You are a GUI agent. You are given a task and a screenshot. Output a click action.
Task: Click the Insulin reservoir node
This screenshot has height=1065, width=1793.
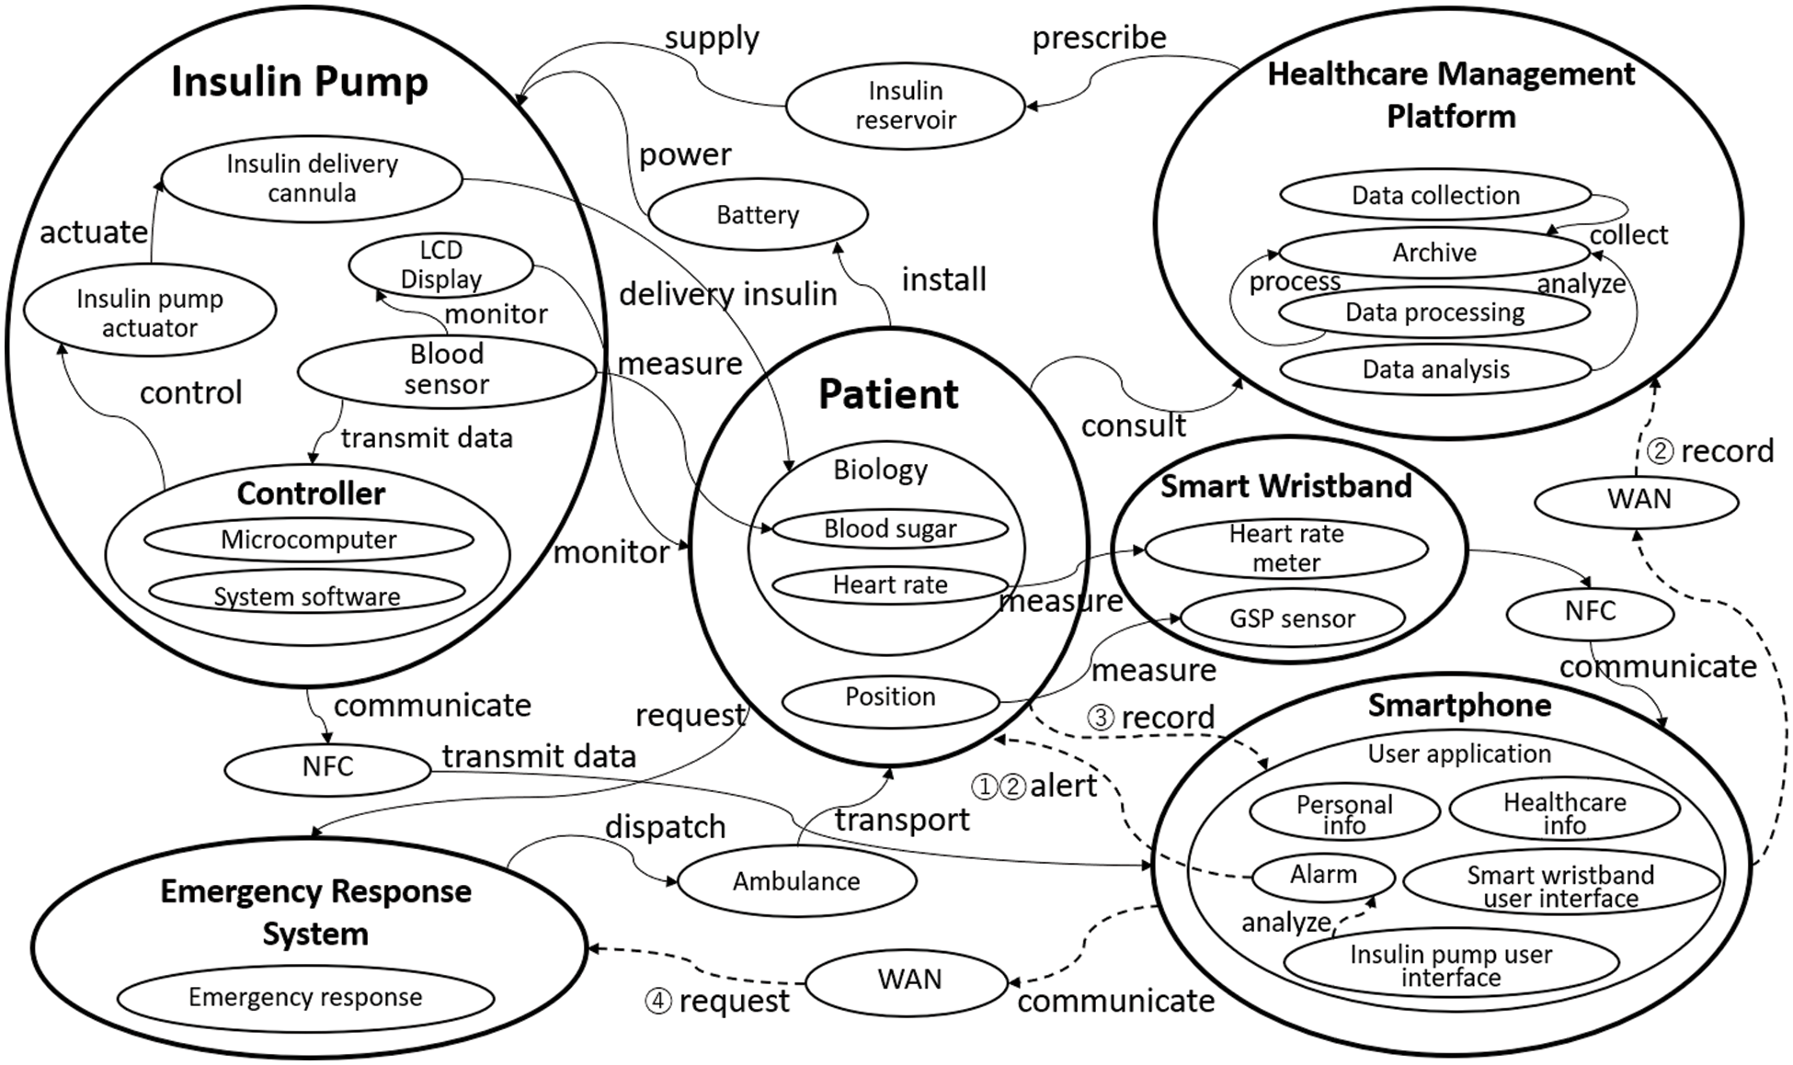tap(905, 106)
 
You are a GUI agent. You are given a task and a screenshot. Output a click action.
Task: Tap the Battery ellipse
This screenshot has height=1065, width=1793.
tap(758, 215)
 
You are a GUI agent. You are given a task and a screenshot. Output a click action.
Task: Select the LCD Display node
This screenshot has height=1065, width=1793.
tap(440, 266)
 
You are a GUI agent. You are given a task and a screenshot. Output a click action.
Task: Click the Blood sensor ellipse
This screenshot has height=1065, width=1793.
tap(447, 369)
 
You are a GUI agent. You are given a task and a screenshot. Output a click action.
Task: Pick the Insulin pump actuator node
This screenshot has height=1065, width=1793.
tap(150, 313)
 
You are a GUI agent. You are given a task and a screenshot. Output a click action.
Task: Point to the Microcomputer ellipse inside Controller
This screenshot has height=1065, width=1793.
tap(309, 539)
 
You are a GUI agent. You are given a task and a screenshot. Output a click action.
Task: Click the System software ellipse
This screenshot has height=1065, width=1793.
tap(307, 595)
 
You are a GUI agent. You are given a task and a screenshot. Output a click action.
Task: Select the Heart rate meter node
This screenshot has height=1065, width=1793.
tap(1286, 549)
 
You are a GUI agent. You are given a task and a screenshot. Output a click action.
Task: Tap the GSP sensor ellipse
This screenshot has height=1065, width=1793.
tap(1292, 618)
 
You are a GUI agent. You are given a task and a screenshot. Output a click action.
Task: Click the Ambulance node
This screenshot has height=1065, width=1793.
tap(796, 881)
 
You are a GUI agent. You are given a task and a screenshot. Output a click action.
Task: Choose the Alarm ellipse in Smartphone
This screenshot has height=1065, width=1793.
tap(1323, 874)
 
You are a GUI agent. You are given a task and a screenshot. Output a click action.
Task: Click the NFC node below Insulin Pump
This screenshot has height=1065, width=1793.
tap(327, 766)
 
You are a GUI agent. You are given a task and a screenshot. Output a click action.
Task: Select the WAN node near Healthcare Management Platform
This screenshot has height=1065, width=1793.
tap(1639, 500)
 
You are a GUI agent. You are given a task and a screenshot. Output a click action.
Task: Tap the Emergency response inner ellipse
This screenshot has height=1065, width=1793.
tap(305, 997)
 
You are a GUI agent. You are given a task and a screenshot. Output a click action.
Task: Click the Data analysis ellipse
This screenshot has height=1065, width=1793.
tap(1435, 369)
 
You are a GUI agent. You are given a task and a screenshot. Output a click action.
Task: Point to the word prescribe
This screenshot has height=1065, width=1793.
tap(1099, 38)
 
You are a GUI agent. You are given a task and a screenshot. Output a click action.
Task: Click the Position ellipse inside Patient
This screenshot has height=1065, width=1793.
tap(890, 697)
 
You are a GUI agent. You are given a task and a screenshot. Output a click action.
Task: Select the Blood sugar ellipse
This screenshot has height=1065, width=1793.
tap(890, 528)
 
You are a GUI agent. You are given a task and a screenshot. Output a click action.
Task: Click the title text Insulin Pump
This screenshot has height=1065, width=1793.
tap(300, 82)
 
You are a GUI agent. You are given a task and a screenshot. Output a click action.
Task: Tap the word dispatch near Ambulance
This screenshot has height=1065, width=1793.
tap(665, 827)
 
